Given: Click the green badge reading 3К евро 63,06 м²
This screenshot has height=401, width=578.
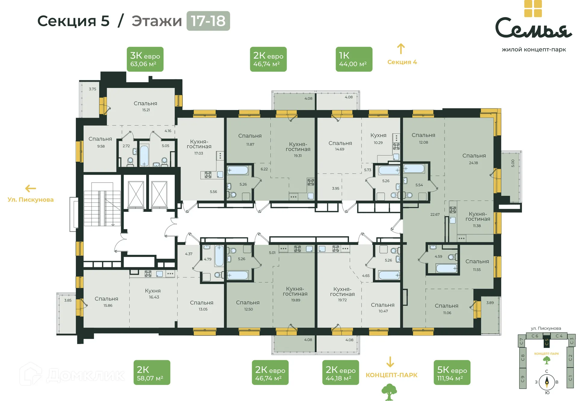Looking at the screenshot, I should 145,59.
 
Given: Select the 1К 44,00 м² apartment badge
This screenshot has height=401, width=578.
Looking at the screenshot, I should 354,59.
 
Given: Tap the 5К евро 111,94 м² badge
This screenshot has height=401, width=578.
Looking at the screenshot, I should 452,372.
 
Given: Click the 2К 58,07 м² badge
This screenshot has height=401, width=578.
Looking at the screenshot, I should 152,372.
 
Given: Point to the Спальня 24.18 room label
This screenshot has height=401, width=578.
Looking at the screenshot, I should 474,158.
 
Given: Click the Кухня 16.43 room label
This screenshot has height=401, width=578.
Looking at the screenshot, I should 153,293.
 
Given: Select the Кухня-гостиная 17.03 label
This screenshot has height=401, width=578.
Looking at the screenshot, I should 199,146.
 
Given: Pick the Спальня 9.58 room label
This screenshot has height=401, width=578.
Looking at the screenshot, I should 100,142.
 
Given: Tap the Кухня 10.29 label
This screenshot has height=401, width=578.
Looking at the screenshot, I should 378,138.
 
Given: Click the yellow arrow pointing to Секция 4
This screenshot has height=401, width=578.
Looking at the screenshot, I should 401,49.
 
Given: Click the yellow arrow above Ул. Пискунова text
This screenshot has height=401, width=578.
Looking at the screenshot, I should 30,189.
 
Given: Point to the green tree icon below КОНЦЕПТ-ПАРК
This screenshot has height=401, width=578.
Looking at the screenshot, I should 389,392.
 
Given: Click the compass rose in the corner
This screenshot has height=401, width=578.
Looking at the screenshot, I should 547,382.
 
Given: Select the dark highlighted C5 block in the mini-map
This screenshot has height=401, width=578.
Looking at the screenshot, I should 546,342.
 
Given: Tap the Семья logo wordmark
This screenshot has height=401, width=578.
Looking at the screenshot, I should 533,28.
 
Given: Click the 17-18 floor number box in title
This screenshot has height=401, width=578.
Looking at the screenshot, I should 208,21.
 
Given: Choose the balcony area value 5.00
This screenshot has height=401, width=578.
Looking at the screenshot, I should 513,163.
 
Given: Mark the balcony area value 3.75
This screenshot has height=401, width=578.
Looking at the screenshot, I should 92,89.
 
